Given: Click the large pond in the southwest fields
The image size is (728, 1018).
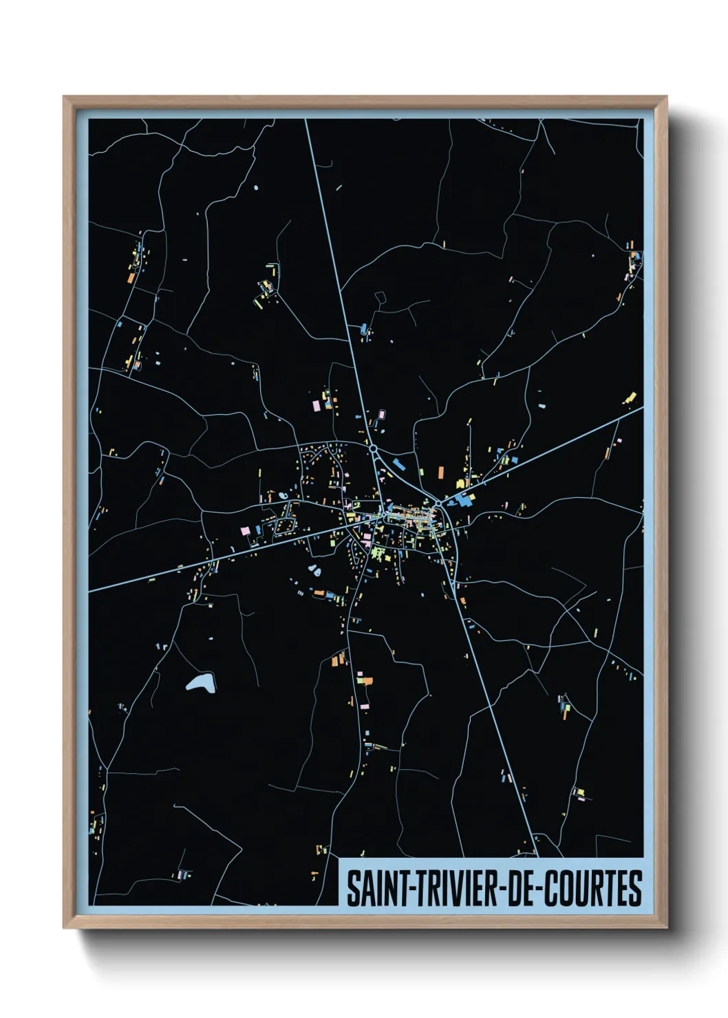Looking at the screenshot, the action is [201, 683].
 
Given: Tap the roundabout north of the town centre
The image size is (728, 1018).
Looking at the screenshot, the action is [373, 448].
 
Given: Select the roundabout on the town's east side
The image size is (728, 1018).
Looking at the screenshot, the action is [438, 503].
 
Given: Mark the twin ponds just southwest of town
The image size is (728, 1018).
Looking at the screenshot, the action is [315, 570].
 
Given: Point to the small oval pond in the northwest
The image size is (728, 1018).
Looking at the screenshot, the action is [256, 187].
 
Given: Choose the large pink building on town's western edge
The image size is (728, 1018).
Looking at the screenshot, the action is [244, 531].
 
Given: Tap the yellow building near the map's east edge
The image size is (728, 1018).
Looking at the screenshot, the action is [630, 398].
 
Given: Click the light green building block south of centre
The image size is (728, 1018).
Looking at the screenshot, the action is [376, 552].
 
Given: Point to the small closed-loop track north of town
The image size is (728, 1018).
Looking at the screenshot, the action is [380, 298].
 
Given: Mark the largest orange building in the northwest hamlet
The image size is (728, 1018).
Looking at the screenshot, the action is [131, 278].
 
